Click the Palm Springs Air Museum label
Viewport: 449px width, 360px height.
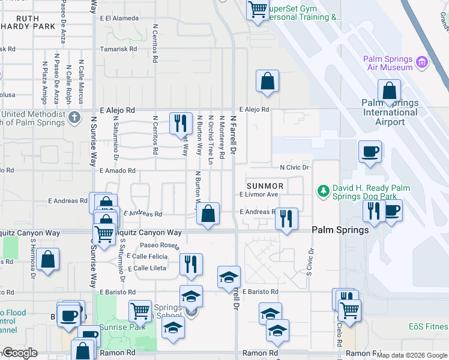388,63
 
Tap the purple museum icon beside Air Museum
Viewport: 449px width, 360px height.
422,61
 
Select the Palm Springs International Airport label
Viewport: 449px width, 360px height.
390,112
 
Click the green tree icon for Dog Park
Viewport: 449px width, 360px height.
322,191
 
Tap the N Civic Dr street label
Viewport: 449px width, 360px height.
294,167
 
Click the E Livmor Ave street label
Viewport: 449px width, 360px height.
259,194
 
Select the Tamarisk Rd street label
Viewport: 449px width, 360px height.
118,49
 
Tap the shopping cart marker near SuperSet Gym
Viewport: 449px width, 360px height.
258,10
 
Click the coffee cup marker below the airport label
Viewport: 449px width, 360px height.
370,151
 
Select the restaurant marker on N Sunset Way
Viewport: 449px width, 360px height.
180,123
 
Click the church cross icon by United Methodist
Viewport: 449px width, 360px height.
74,116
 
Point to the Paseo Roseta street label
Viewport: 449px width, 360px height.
160,245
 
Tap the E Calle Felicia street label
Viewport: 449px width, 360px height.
148,256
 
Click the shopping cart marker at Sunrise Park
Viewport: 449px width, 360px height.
140,310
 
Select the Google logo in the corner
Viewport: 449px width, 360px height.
19,353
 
